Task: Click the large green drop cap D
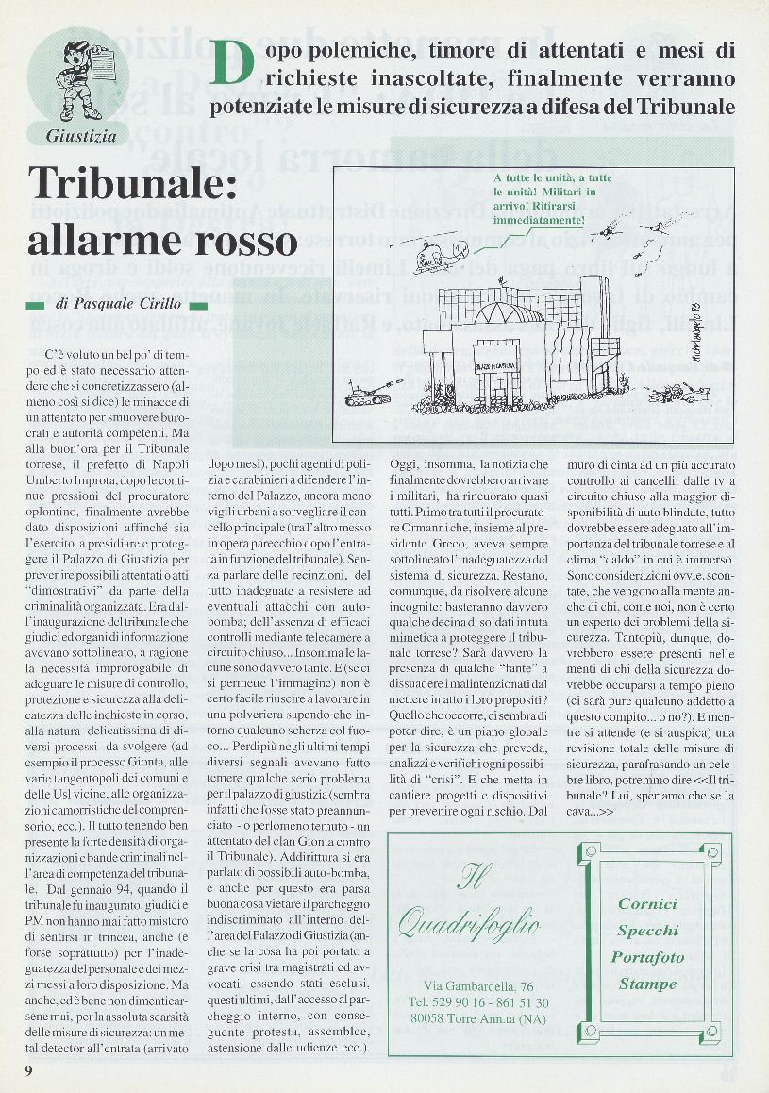coord(232,63)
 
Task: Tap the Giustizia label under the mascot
coord(81,136)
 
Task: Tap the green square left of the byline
coord(36,306)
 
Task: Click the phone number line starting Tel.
coord(479,1002)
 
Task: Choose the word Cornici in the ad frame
coord(647,904)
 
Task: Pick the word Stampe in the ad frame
coord(647,984)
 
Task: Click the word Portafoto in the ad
coord(647,957)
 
